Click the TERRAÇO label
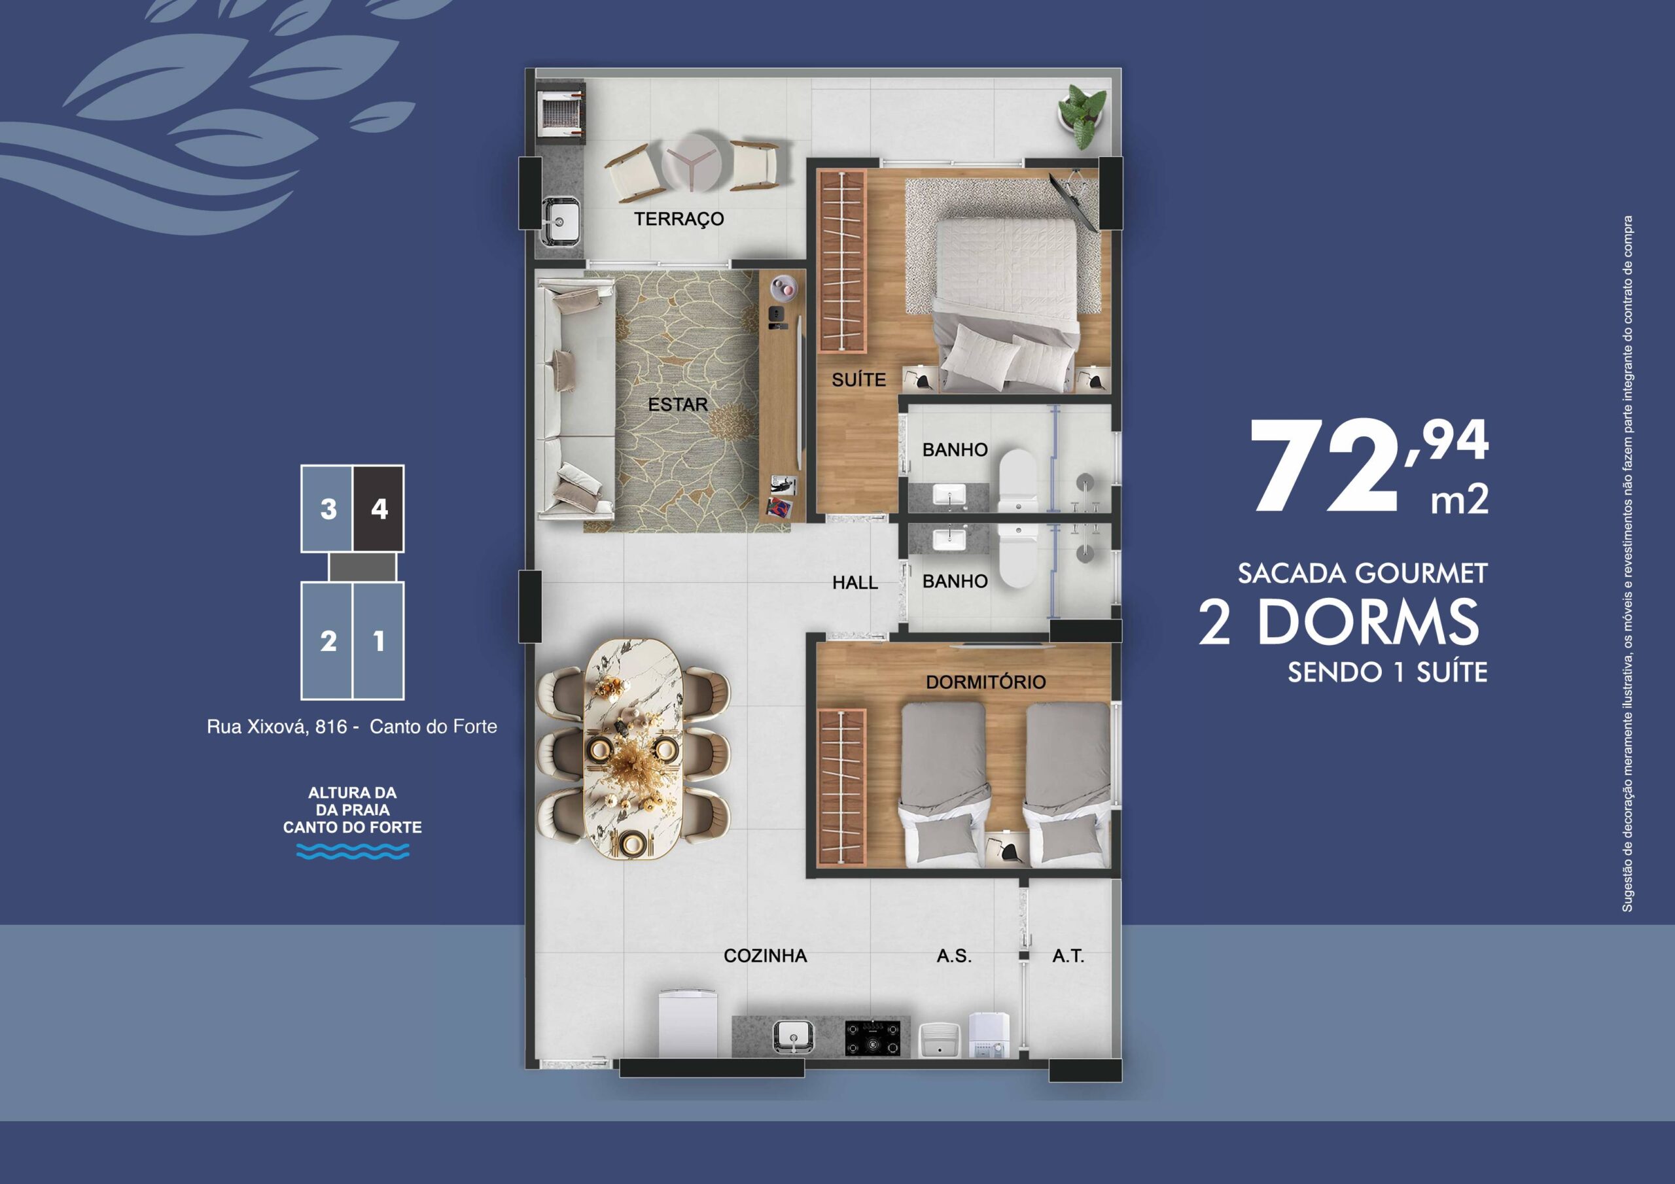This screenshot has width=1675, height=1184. pos(679,219)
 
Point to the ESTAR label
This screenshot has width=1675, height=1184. pos(678,404)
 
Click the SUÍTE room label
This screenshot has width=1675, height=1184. pos(858,379)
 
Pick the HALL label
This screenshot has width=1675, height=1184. pos(855,583)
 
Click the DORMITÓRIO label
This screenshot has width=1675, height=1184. pos(985,682)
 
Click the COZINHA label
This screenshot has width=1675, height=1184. pos(766,956)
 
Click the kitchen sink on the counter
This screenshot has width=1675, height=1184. pos(792,1036)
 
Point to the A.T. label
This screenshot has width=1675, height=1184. pos(1068,956)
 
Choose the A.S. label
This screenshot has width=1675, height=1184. pos(954,956)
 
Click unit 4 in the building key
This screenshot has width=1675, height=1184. pos(379,508)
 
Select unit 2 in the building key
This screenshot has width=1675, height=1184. pos(328,640)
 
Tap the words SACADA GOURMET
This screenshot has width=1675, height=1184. pos(1362,574)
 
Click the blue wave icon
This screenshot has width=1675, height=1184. pos(353,850)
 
